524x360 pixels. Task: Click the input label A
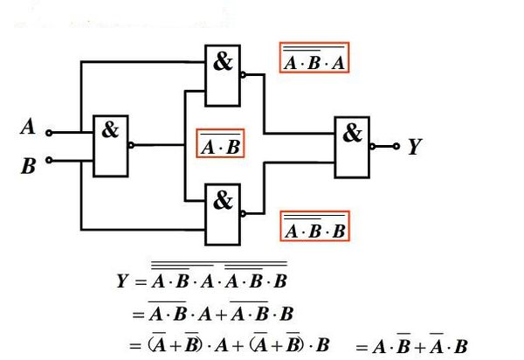point(28,128)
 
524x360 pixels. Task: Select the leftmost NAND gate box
point(110,145)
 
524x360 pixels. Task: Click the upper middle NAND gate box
point(224,75)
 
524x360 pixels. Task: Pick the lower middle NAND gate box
point(224,213)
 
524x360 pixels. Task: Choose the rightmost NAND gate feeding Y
point(352,146)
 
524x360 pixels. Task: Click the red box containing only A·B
point(220,145)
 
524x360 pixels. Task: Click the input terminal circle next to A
point(49,133)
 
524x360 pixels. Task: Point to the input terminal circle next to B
point(49,160)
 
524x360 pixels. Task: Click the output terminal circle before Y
point(396,147)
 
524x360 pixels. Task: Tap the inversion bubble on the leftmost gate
point(131,146)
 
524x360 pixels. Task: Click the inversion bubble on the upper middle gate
point(245,75)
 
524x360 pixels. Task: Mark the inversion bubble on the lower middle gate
point(245,213)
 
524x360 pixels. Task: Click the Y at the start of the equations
point(122,281)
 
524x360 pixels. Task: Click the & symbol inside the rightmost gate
point(352,134)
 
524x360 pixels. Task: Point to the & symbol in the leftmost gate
point(110,130)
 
